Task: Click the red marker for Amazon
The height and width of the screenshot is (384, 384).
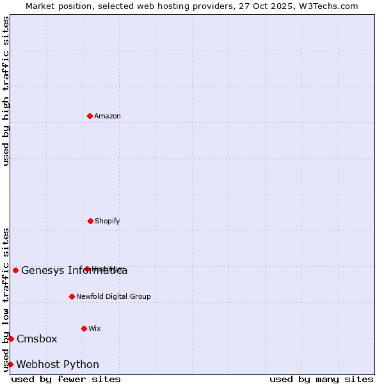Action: coord(90,116)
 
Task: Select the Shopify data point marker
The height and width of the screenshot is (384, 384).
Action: coord(90,221)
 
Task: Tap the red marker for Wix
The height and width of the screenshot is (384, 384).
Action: coord(84,328)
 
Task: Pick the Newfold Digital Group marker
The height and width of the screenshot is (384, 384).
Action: coord(72,296)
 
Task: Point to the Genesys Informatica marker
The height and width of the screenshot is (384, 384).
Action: coord(15,270)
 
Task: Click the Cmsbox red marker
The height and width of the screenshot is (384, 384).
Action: coord(11,339)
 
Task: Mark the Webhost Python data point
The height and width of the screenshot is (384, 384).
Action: coord(10,364)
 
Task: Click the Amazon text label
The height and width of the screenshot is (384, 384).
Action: coord(108,116)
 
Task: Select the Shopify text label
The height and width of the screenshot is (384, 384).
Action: coord(108,221)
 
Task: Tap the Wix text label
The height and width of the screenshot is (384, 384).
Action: coord(95,328)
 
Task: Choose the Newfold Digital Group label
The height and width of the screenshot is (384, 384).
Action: coord(113,296)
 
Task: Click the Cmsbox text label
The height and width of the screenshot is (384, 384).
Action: coord(37,339)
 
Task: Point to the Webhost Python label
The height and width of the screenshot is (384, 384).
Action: coord(58,364)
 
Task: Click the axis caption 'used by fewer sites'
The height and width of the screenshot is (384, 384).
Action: coord(66,379)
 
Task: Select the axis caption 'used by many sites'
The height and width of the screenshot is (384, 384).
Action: coord(321,379)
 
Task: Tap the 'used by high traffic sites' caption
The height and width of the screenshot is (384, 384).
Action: coord(6,91)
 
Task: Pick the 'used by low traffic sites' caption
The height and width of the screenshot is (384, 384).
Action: coord(6,300)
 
